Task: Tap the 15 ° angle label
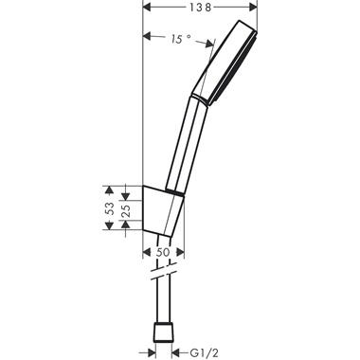coord(179,39)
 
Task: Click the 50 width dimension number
coord(163,252)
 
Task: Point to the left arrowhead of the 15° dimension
coord(146,38)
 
